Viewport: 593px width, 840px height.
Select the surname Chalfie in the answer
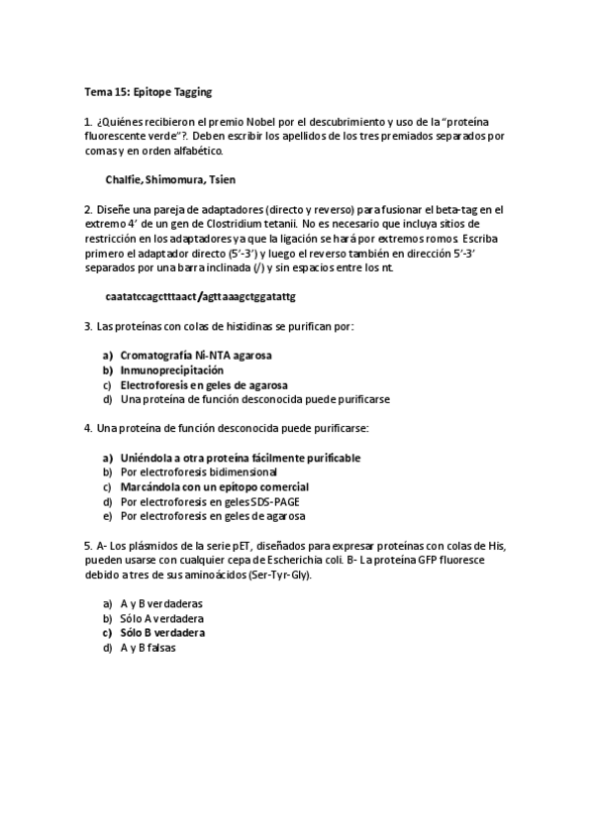coord(124,179)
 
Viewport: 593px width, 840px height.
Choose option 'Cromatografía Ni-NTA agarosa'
coord(196,355)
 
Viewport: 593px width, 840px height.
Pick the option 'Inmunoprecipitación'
coord(165,369)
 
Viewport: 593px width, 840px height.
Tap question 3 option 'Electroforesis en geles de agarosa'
coord(205,384)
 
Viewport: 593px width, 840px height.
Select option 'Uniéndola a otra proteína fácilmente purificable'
coord(240,458)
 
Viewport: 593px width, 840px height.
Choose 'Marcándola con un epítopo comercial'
coord(214,487)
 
